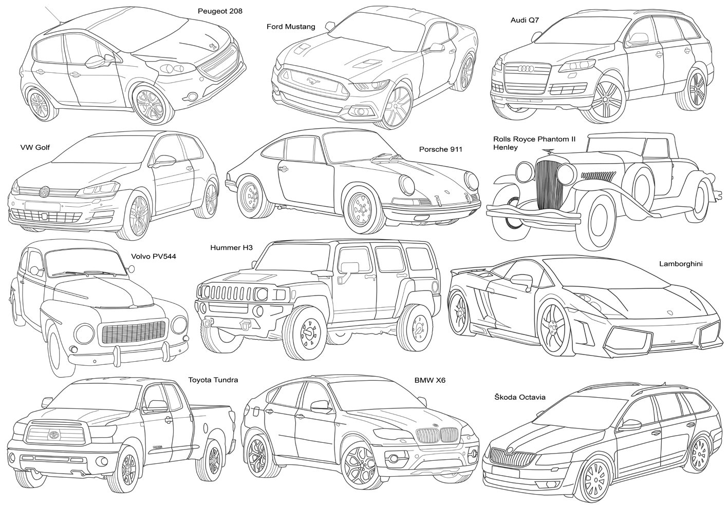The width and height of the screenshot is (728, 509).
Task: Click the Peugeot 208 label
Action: coord(220,10)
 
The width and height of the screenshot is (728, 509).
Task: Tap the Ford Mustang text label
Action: coord(291,26)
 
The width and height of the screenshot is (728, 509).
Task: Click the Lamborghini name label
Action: coord(680,264)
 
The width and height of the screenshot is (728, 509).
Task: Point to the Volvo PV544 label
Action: coord(154,256)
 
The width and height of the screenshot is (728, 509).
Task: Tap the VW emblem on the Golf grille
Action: coord(45,192)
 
